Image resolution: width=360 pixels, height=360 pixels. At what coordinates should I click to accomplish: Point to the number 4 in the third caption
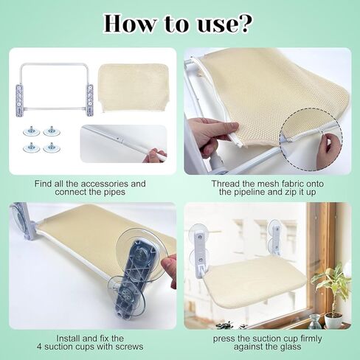click(x=39, y=347)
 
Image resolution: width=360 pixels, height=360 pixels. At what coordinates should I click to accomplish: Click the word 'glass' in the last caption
click(x=289, y=347)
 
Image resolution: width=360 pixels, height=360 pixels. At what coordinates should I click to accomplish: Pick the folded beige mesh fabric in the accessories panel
click(x=134, y=88)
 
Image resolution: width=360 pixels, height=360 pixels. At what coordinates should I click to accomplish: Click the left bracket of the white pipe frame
click(x=19, y=100)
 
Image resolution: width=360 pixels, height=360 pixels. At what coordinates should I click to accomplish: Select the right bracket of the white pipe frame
click(x=90, y=100)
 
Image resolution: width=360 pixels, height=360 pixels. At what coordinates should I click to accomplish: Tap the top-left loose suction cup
click(x=32, y=131)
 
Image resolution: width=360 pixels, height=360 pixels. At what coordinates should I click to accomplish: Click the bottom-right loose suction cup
click(x=52, y=148)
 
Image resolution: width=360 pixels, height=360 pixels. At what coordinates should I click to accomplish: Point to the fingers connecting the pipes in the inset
click(x=154, y=155)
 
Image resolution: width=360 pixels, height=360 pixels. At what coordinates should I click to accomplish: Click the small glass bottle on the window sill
click(x=314, y=322)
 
